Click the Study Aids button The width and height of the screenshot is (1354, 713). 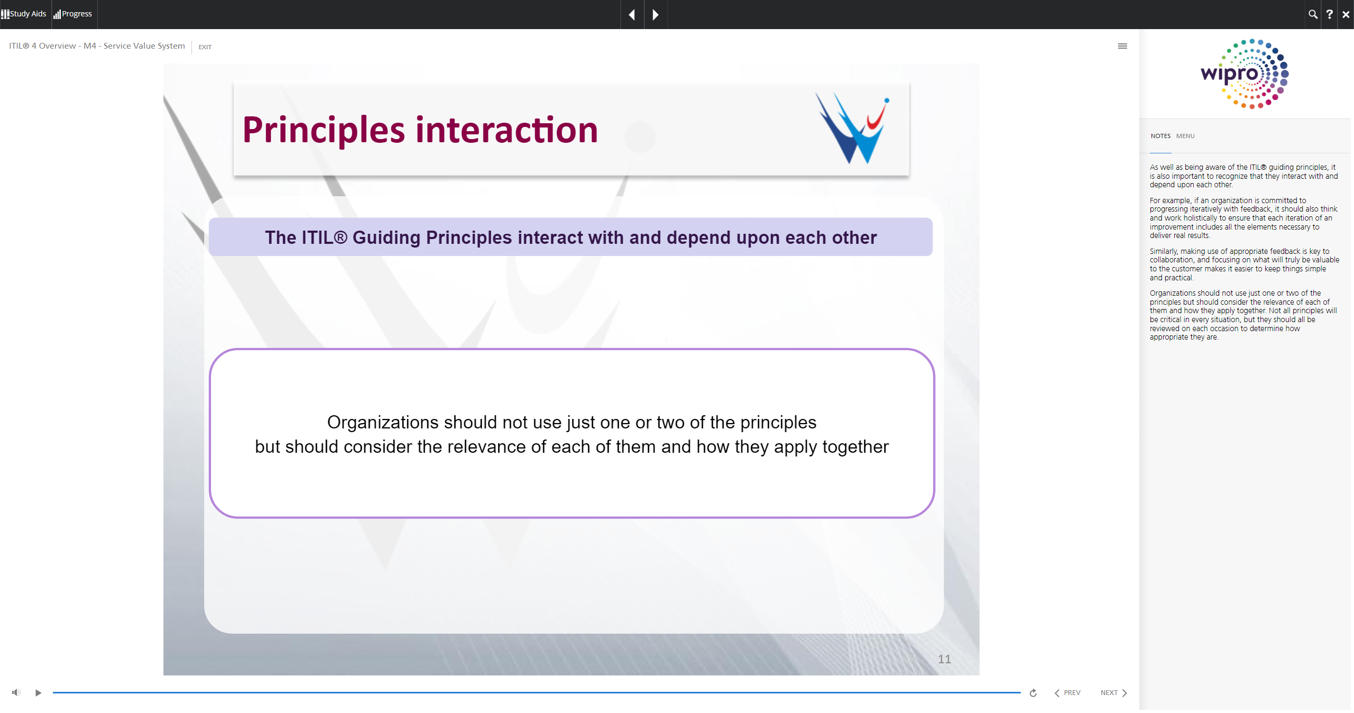tap(24, 14)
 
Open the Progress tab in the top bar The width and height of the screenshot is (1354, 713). tap(73, 14)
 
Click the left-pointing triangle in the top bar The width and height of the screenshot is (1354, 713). tap(632, 15)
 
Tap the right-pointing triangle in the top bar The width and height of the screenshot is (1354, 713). tap(656, 15)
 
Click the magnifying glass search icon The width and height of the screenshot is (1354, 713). tap(1313, 14)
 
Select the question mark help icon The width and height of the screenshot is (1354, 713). tap(1329, 14)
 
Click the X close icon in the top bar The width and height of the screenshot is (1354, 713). tap(1346, 15)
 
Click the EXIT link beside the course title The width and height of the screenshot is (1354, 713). tap(205, 47)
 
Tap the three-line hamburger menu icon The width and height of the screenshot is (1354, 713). tap(1122, 46)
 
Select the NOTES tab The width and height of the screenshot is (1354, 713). tap(1160, 136)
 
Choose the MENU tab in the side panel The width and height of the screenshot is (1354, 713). tap(1185, 136)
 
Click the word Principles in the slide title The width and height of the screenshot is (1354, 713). tap(324, 131)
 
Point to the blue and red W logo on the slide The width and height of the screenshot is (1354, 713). tap(852, 129)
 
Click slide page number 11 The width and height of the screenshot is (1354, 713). tap(944, 659)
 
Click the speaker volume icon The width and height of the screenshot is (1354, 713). tap(16, 692)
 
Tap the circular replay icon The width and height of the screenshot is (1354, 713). tap(1033, 693)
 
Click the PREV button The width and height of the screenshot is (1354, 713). tap(1067, 693)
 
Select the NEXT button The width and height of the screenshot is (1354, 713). tap(1114, 693)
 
